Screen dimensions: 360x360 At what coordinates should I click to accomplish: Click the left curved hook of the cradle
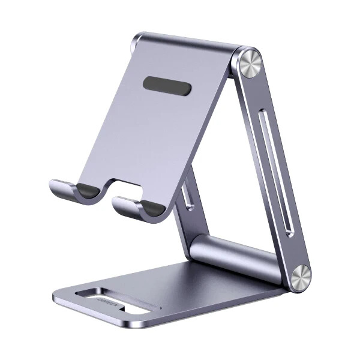(69, 193)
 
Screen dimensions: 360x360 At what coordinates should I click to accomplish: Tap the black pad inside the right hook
(151, 207)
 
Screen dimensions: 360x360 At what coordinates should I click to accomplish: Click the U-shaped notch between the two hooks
(108, 187)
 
